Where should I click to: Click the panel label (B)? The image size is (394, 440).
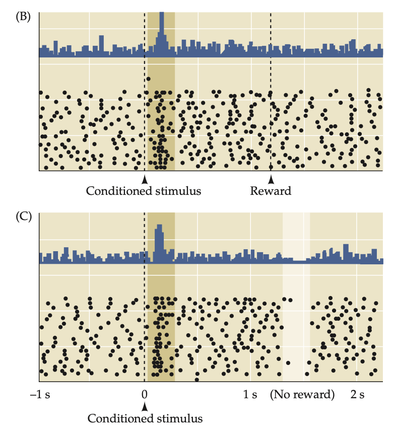pyautogui.click(x=23, y=16)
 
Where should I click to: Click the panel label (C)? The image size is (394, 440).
pyautogui.click(x=23, y=217)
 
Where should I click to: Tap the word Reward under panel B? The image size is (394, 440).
pyautogui.click(x=271, y=191)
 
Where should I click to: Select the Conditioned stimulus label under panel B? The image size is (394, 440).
pyautogui.click(x=144, y=191)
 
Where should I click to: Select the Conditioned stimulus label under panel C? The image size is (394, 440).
pyautogui.click(x=145, y=418)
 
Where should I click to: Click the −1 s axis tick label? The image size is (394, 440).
pyautogui.click(x=40, y=394)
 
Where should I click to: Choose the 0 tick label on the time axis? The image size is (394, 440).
pyautogui.click(x=145, y=394)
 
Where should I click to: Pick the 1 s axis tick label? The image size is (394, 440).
pyautogui.click(x=250, y=394)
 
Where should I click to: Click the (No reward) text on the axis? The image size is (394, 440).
pyautogui.click(x=302, y=394)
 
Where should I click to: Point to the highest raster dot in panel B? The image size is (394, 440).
pyautogui.click(x=148, y=79)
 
